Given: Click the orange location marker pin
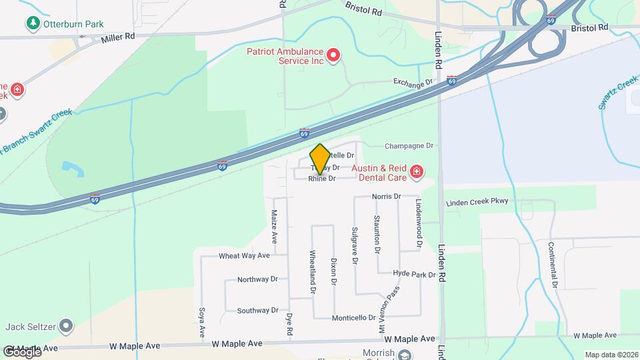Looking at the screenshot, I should [320, 159].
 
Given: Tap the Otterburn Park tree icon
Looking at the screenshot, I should [33, 24].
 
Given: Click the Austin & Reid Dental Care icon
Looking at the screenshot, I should [417, 173].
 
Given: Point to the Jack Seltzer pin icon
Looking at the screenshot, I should [65, 326].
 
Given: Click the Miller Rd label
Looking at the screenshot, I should [118, 39].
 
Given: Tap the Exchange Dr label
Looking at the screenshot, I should [413, 83].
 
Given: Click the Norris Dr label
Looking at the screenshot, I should [386, 197].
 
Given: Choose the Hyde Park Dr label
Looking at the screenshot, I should [414, 274].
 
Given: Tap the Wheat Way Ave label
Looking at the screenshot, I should [244, 255].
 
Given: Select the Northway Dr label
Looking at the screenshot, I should [257, 280].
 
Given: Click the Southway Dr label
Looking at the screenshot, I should [257, 311].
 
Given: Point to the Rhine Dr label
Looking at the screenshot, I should [321, 179].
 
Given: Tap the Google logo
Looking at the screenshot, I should [22, 351].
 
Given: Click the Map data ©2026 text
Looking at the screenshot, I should [611, 355].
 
